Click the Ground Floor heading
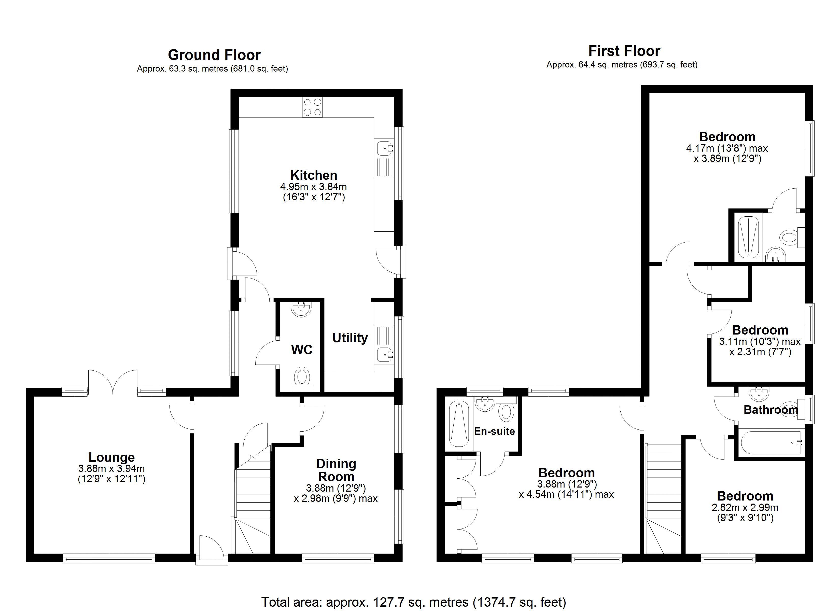tap(214, 55)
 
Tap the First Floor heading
tap(624, 51)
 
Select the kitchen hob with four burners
tap(312, 107)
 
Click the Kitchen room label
tap(314, 175)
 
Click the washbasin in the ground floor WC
tap(301, 309)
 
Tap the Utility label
tap(350, 338)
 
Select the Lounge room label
tap(111, 457)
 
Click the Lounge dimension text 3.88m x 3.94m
tap(111, 469)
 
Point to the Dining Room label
tap(336, 470)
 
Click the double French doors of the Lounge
tap(113, 382)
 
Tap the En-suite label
tap(494, 431)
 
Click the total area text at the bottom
tap(414, 602)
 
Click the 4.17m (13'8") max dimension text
tap(727, 149)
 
